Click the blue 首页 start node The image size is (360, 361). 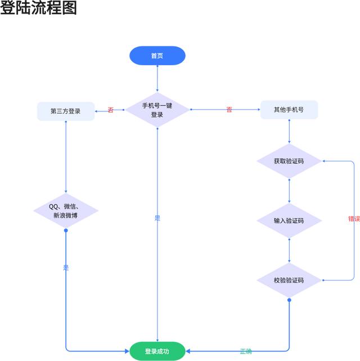click(157, 56)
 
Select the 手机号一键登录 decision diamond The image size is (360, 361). click(157, 110)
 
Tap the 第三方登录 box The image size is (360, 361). click(65, 111)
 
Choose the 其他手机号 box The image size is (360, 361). click(289, 110)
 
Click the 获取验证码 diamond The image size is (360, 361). click(289, 161)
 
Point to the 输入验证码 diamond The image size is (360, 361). click(289, 220)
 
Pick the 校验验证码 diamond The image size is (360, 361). click(289, 280)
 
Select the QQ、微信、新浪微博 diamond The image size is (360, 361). click(66, 211)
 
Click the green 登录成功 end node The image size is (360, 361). click(157, 351)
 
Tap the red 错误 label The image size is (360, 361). click(354, 219)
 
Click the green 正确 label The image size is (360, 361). click(246, 351)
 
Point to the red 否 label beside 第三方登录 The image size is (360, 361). click(110, 110)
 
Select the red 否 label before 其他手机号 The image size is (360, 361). click(229, 110)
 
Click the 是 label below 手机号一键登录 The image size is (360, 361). click(157, 218)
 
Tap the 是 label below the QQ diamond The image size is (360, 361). click(66, 268)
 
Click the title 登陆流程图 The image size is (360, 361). click(38, 8)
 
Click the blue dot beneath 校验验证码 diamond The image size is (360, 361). click(289, 301)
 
